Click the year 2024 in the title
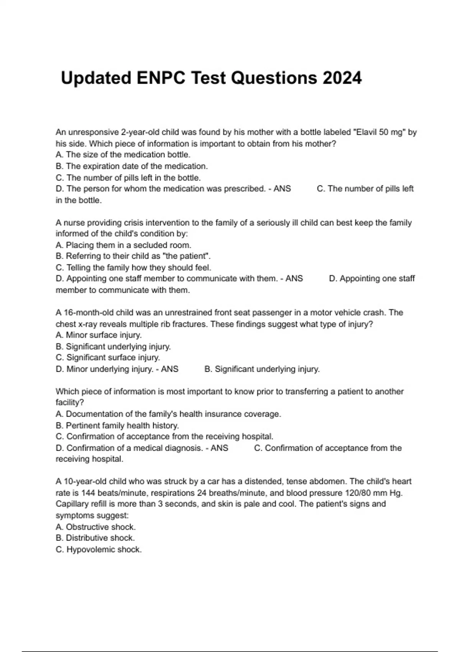(x=342, y=78)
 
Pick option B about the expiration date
(x=131, y=166)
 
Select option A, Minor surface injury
(x=99, y=335)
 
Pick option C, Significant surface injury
(x=108, y=357)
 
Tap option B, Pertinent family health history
(x=117, y=425)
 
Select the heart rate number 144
(x=88, y=493)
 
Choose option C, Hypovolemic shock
(x=99, y=549)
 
